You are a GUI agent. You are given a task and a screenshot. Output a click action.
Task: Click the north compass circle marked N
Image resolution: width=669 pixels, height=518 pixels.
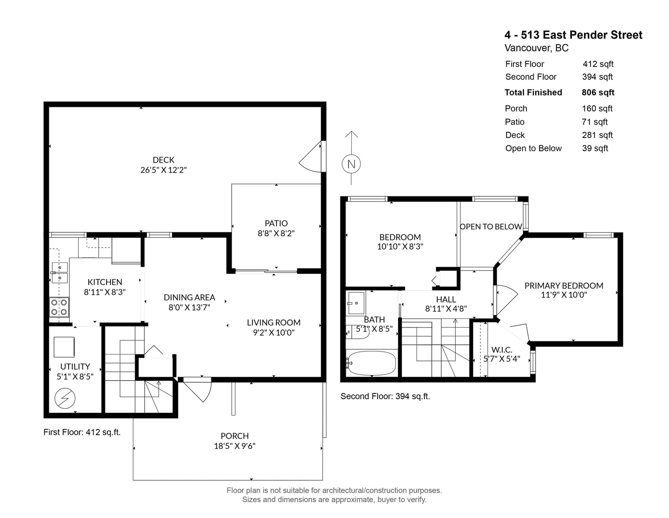click(x=351, y=164)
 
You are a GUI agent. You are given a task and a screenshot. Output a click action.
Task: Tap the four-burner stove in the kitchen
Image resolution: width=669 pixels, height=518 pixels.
click(x=59, y=307)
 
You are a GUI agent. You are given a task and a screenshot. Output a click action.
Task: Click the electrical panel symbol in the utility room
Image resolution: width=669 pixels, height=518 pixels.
click(x=65, y=398)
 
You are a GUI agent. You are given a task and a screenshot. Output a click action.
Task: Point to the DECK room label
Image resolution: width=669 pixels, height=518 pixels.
click(x=163, y=160)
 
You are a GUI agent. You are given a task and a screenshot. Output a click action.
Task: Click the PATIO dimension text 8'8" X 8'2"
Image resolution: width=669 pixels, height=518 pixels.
click(x=276, y=233)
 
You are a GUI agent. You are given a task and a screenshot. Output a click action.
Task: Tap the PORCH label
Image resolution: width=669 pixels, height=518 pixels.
click(x=235, y=436)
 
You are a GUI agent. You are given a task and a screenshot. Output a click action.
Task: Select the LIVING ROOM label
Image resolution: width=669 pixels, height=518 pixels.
click(x=274, y=322)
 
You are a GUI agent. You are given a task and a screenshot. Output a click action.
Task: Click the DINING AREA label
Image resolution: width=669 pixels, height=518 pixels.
click(x=189, y=297)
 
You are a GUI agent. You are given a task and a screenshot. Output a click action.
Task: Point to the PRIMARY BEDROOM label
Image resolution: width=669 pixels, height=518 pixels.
click(x=564, y=286)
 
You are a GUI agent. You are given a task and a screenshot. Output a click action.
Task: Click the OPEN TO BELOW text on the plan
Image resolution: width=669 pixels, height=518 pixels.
click(x=491, y=227)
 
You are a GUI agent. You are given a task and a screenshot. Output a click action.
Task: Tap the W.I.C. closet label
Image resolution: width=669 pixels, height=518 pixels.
click(x=502, y=350)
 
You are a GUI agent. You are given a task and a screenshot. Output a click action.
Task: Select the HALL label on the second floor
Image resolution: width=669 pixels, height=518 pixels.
click(x=446, y=299)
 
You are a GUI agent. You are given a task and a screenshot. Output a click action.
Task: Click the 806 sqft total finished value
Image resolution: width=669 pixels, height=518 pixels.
click(x=598, y=93)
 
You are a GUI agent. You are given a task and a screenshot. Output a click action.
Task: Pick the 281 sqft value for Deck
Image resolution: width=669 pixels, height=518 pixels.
click(x=597, y=135)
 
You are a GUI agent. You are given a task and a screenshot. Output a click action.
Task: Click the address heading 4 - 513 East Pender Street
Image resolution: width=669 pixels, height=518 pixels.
click(x=573, y=35)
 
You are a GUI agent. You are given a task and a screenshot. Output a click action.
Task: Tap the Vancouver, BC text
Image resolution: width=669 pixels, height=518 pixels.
click(x=536, y=48)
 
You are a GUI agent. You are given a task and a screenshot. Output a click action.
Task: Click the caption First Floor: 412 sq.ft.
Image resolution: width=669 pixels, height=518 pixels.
click(x=82, y=432)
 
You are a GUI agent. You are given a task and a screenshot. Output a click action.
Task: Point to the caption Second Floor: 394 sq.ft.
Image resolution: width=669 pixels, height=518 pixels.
click(x=385, y=396)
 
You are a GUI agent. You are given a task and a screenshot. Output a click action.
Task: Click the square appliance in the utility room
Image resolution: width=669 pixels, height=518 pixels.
click(x=64, y=347)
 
